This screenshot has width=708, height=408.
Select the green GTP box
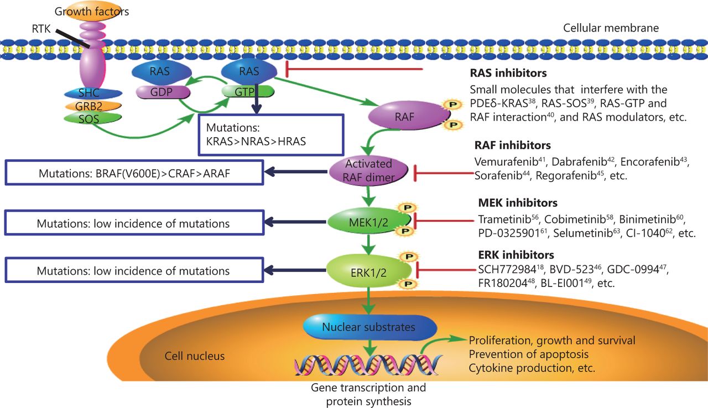[247, 91]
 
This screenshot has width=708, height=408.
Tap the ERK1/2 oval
[369, 271]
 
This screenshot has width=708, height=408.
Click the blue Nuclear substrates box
[368, 327]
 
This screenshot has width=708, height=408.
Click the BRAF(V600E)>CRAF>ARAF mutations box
[133, 173]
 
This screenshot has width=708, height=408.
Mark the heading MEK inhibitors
[517, 203]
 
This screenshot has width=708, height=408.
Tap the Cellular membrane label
[611, 28]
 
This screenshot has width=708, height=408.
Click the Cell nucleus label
[195, 356]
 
